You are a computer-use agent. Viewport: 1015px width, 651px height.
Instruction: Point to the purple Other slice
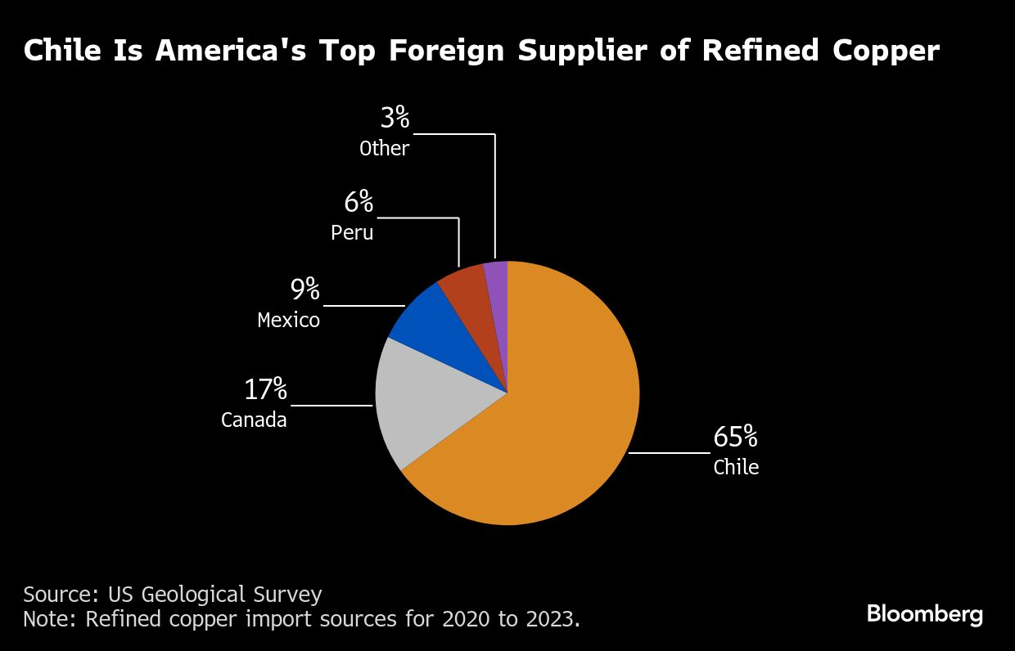[x=497, y=278]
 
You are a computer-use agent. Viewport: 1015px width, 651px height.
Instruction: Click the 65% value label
[x=735, y=438]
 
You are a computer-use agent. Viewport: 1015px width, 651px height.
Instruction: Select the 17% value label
[x=265, y=389]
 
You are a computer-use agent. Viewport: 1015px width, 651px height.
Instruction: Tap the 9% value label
[x=304, y=290]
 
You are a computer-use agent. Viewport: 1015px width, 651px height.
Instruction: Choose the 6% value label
[x=359, y=202]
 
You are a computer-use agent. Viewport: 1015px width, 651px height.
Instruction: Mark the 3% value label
[x=395, y=119]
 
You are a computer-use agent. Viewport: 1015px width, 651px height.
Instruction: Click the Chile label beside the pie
[x=736, y=468]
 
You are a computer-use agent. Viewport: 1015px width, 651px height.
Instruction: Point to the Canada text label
[x=254, y=420]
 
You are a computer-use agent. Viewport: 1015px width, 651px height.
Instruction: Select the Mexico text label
[x=288, y=320]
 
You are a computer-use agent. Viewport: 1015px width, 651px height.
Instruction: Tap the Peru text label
[x=352, y=233]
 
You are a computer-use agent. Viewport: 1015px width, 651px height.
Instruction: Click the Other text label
[x=384, y=149]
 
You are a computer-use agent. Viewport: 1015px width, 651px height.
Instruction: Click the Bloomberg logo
[x=924, y=614]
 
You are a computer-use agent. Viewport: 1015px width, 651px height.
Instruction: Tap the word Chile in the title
[x=63, y=51]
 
